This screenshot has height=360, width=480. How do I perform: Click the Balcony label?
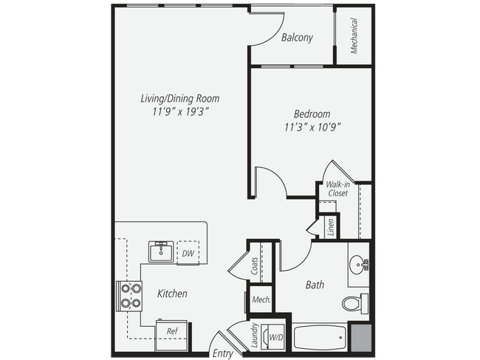(298, 38)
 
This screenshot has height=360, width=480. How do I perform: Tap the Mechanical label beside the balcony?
(354, 35)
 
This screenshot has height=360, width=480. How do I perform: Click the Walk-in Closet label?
(337, 188)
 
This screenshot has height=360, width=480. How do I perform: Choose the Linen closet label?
(330, 226)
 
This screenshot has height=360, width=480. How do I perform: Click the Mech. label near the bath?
(261, 300)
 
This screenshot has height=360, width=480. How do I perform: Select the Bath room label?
(316, 284)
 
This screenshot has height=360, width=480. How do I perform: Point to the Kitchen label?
(172, 294)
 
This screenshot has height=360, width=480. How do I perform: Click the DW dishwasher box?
(188, 253)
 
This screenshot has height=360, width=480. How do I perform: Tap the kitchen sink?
(160, 252)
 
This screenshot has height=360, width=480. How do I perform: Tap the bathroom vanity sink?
(357, 264)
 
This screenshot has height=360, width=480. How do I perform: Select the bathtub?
(319, 339)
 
